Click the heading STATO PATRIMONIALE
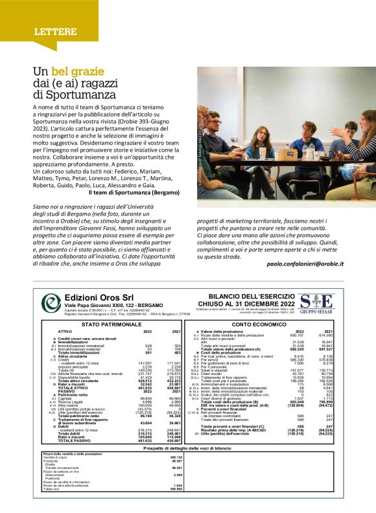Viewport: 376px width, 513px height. (108, 323)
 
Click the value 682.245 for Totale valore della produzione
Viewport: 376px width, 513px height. (296, 349)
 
